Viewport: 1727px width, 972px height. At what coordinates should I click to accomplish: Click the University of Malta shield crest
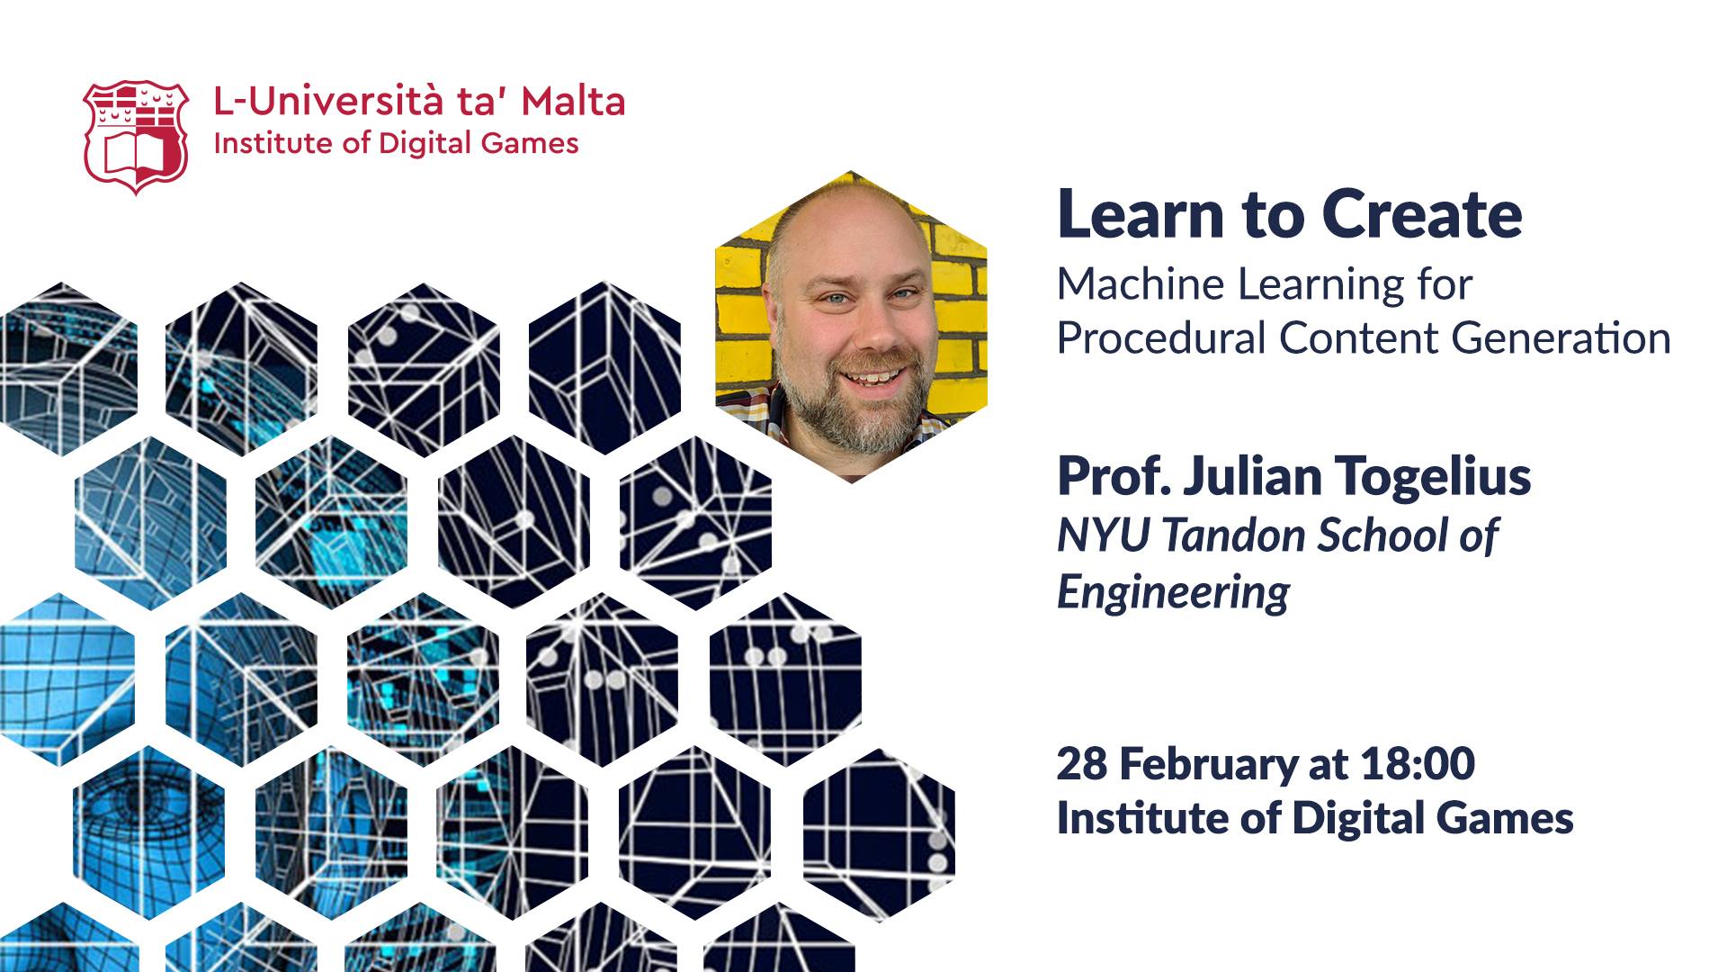pos(136,137)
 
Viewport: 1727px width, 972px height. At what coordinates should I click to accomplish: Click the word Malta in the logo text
pos(573,102)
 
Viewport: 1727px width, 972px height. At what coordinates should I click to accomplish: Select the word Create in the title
pos(1422,214)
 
